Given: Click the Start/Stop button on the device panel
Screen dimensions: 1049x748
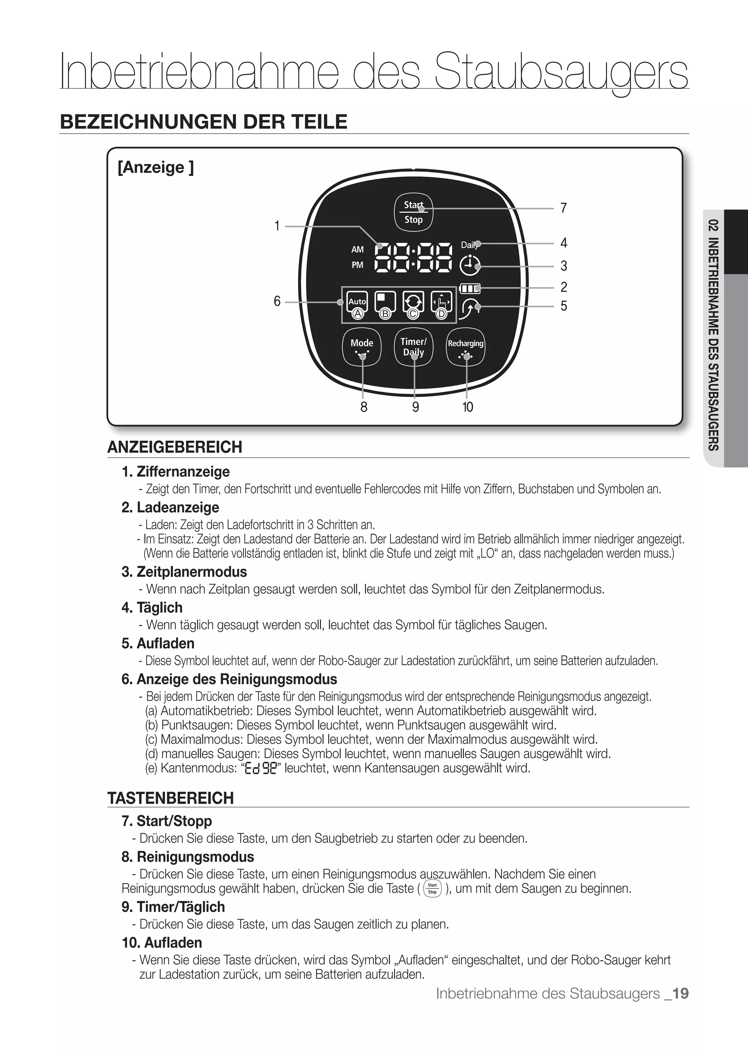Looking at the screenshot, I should pyautogui.click(x=413, y=212).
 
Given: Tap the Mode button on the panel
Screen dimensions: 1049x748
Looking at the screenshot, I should pyautogui.click(x=362, y=347).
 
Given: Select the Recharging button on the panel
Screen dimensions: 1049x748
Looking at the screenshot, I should pyautogui.click(x=466, y=347).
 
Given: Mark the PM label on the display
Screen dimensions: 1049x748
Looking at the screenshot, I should pyautogui.click(x=358, y=265).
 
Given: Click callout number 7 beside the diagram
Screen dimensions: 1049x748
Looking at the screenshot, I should pyautogui.click(x=563, y=208).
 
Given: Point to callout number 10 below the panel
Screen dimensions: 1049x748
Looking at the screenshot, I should pyautogui.click(x=467, y=407).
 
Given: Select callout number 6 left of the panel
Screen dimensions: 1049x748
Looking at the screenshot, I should pyautogui.click(x=277, y=301).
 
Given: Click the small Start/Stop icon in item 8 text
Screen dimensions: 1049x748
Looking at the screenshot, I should pyautogui.click(x=432, y=888).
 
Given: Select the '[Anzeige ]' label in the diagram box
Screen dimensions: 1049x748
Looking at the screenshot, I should pyautogui.click(x=156, y=167).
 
